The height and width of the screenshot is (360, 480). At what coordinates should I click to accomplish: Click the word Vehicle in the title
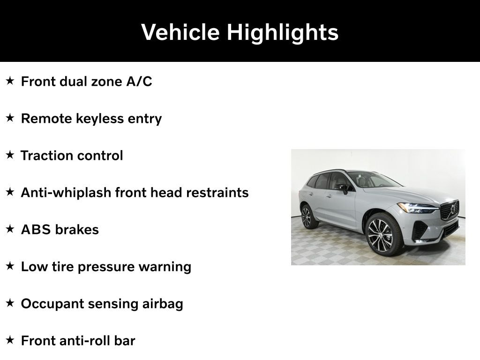coord(180,32)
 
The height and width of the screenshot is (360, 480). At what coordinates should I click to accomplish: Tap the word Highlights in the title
coord(283,32)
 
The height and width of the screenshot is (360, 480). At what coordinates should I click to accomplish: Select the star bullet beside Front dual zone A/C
coord(10,81)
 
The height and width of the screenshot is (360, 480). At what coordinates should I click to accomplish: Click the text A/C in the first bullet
coord(139,82)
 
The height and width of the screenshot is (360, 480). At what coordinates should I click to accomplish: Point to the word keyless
coord(99,119)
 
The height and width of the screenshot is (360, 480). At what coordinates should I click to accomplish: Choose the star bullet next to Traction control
coord(10,155)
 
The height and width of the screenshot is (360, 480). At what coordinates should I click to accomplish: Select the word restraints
coord(217,193)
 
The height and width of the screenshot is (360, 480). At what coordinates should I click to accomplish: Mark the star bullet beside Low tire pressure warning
coord(10,266)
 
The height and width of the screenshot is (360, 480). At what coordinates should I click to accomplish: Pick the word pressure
coord(105,267)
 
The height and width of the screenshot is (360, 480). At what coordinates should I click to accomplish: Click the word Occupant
coord(52,304)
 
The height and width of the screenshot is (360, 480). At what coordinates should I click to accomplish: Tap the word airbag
coord(163,304)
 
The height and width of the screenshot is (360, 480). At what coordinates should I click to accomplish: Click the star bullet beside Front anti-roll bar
coord(10,340)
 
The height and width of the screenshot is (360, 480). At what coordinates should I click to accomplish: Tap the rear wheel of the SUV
coord(307,217)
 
